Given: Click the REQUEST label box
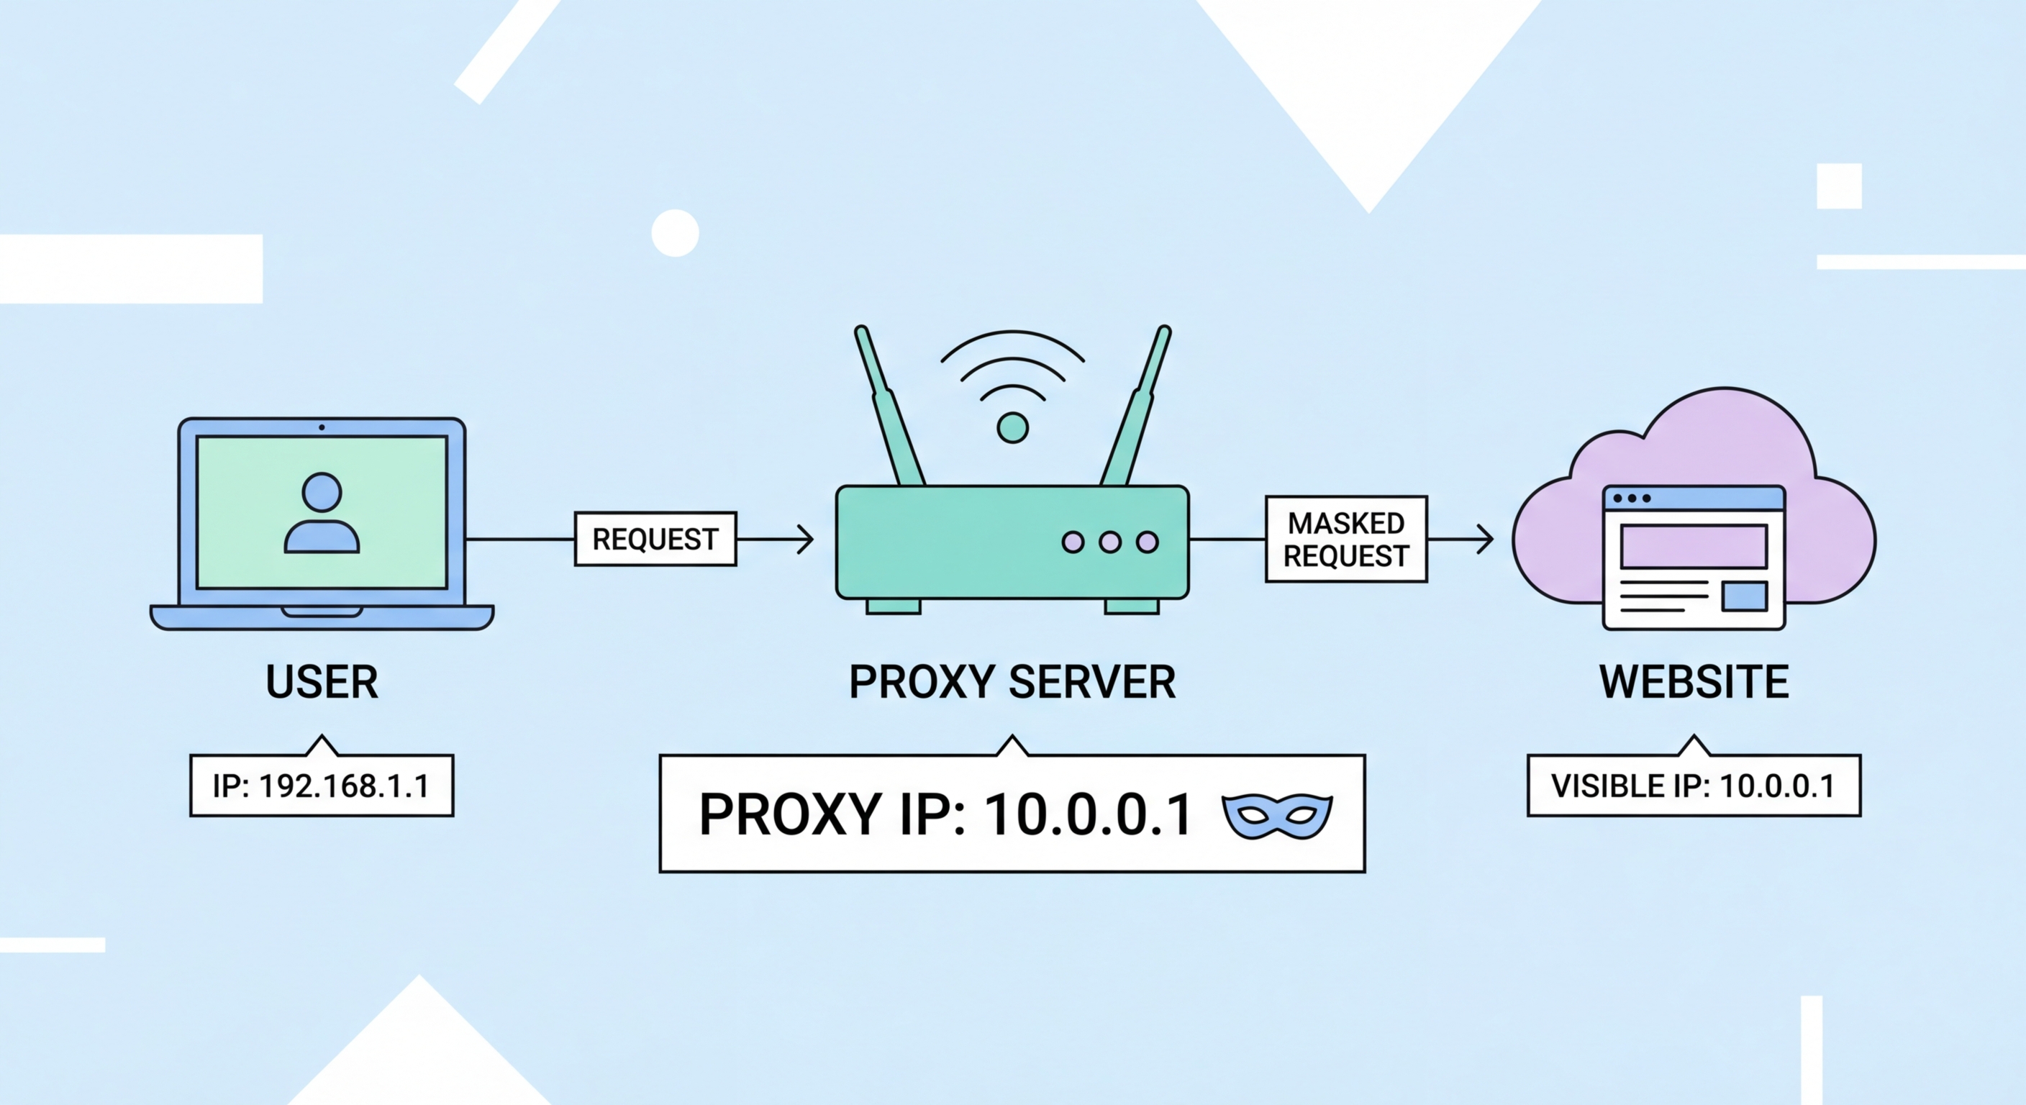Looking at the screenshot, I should point(655,539).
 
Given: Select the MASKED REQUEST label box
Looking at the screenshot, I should point(1345,540).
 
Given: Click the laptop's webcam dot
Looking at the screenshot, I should point(322,427).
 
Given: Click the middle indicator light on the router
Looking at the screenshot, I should point(1109,542).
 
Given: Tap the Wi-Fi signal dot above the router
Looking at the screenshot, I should point(1012,428).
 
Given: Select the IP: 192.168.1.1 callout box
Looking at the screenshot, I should point(322,786).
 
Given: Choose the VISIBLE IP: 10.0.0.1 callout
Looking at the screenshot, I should point(1694,786).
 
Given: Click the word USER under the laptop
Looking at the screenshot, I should point(322,682).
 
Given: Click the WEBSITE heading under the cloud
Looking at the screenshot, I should point(1694,682).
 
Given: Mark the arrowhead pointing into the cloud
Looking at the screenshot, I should point(1486,540).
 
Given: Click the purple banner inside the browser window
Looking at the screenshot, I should point(1694,546).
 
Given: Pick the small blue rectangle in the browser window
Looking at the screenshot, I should point(1745,596).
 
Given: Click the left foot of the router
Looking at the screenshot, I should point(894,606).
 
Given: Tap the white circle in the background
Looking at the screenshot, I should point(675,233).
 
